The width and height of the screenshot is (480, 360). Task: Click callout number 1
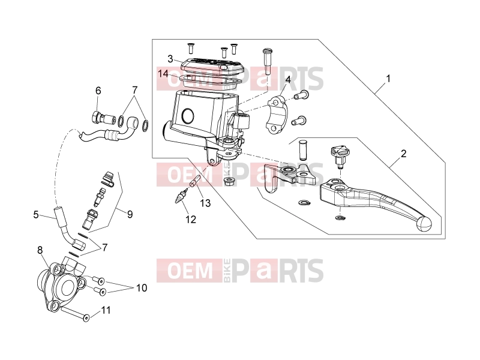click(x=388, y=79)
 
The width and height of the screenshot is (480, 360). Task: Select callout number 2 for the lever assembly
click(x=403, y=154)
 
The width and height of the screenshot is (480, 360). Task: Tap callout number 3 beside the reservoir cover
click(x=170, y=59)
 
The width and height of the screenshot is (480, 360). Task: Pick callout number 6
click(x=98, y=91)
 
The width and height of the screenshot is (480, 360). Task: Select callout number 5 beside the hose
click(x=36, y=215)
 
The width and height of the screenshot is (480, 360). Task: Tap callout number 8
click(x=40, y=250)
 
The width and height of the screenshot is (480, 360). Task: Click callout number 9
click(x=130, y=214)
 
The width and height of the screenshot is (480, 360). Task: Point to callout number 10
click(x=142, y=288)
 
